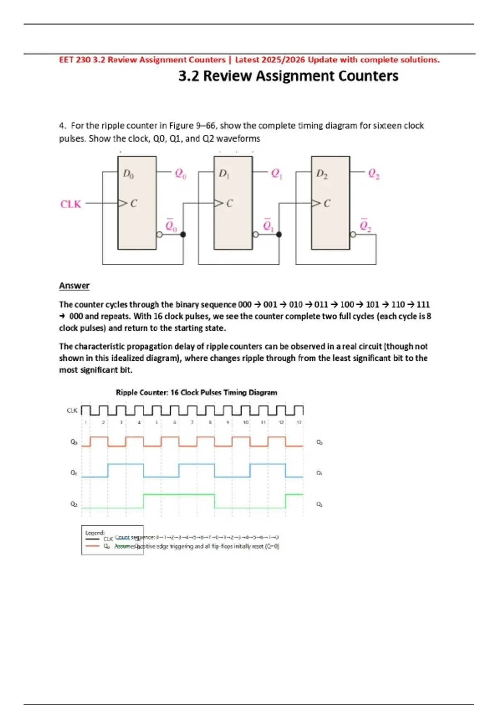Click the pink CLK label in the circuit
pos(71,204)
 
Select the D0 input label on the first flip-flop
pos(128,174)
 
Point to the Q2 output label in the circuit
pos(374,174)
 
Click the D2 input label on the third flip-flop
pos(322,174)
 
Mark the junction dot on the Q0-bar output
pos(183,234)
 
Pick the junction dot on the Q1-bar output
pos(279,234)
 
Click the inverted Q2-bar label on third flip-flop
pos(365,225)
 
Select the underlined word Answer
pos(74,286)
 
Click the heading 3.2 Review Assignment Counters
pos(288,76)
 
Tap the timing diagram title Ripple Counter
pos(196,392)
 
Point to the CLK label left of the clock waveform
pos(72,411)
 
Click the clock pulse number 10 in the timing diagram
pos(246,422)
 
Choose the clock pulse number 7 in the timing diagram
pos(192,422)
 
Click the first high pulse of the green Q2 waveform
pos(179,495)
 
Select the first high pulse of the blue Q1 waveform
pos(125,464)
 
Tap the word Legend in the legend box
pos(95,532)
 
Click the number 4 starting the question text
pos(61,126)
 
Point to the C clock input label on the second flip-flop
pos(229,203)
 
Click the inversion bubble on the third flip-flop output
pos(353,234)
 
